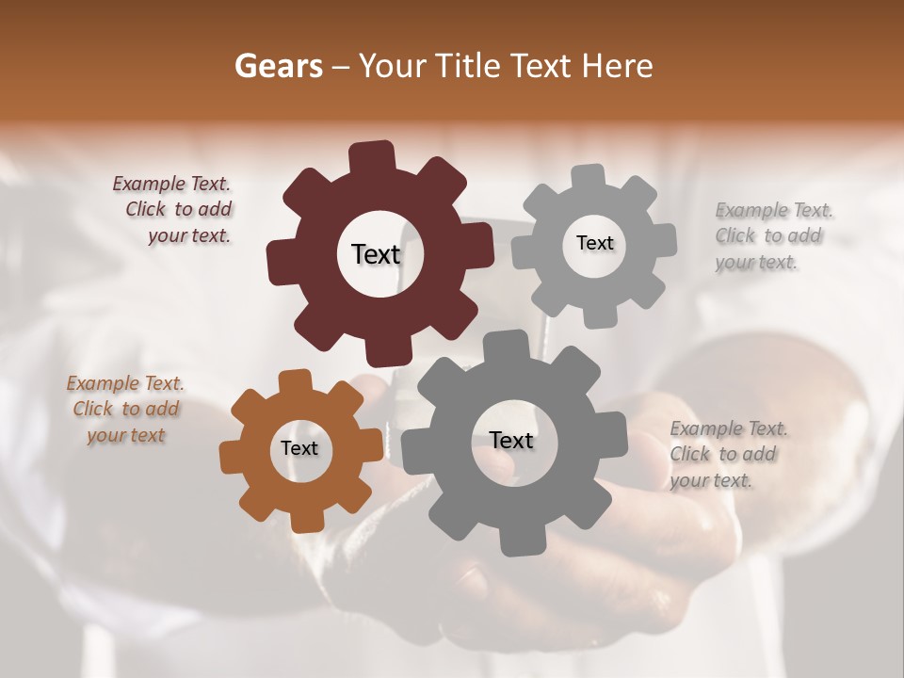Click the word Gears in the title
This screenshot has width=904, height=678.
(278, 66)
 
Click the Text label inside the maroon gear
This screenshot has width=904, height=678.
(376, 254)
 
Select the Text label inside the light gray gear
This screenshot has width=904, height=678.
(594, 243)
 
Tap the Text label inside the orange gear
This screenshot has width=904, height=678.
(299, 448)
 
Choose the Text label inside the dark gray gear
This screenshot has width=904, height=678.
(511, 440)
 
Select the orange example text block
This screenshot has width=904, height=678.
(125, 410)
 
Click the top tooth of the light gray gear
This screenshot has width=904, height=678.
(588, 178)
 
